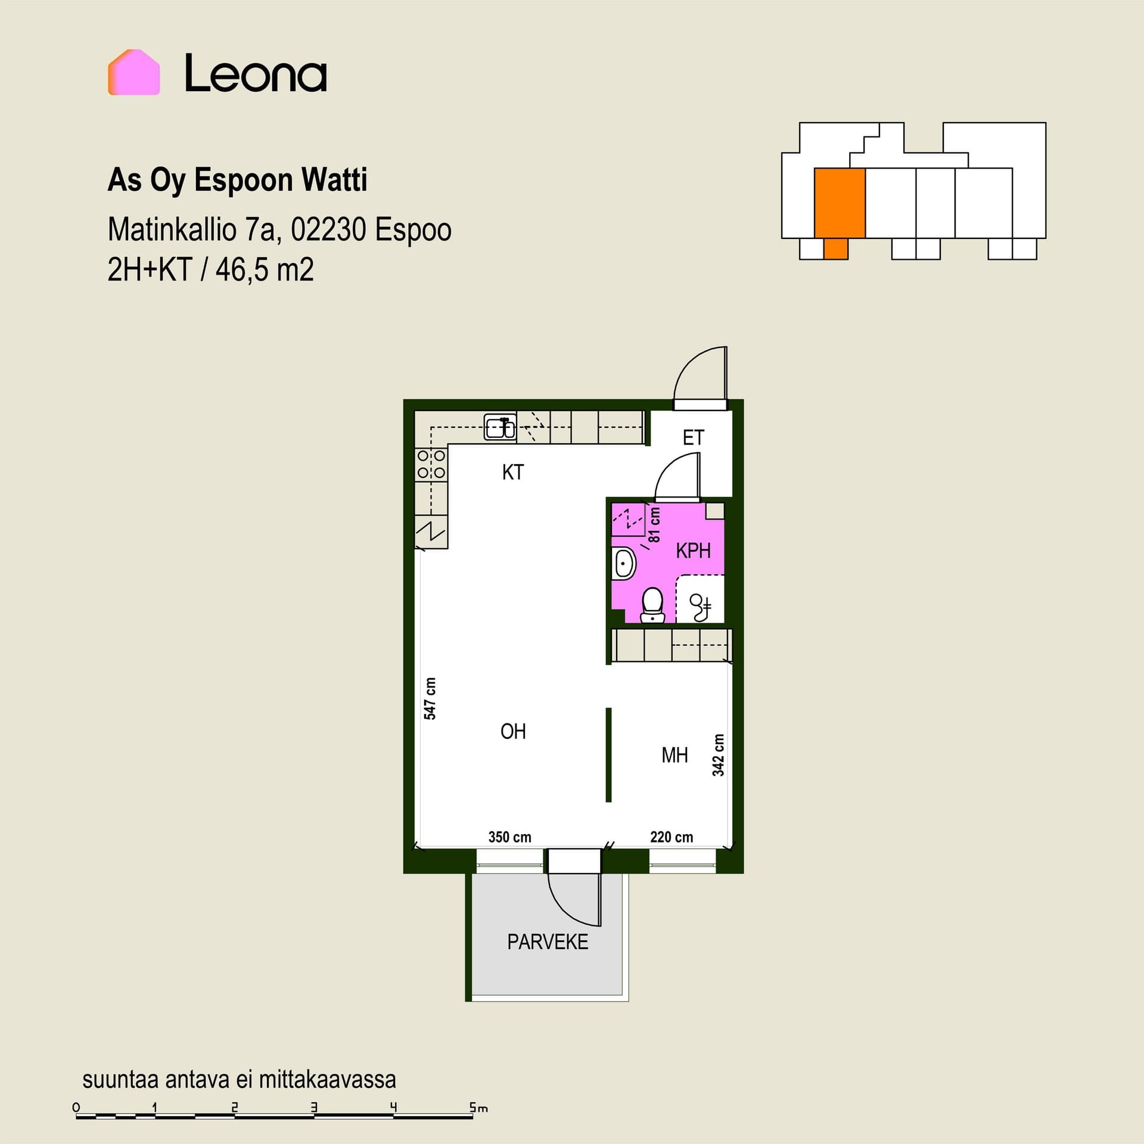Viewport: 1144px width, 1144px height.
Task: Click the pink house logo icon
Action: [134, 72]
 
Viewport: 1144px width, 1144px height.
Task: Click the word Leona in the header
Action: [256, 73]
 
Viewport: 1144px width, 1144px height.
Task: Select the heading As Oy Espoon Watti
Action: [237, 180]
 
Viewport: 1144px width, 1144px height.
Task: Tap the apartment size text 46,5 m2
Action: [265, 270]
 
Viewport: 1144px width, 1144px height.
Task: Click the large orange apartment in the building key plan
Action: [840, 203]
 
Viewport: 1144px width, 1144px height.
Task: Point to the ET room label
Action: [694, 438]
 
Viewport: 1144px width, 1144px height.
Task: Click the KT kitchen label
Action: [513, 472]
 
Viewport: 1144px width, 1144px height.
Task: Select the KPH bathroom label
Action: [694, 551]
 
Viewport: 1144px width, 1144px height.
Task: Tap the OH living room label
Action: [513, 732]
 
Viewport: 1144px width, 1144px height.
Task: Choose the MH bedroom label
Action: [674, 756]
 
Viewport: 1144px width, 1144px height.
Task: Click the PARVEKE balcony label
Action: [548, 942]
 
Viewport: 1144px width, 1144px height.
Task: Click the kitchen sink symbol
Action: [500, 427]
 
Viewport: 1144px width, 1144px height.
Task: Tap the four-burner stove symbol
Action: [431, 464]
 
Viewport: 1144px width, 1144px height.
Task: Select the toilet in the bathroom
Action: [652, 605]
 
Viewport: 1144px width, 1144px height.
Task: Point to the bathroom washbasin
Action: [624, 562]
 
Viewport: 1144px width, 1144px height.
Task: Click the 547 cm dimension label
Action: [430, 698]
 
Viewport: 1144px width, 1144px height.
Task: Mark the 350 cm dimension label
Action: [510, 837]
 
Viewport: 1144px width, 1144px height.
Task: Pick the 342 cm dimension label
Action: [719, 755]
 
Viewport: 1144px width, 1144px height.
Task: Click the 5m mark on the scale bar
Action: [478, 1108]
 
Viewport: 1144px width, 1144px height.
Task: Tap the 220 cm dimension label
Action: [672, 837]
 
